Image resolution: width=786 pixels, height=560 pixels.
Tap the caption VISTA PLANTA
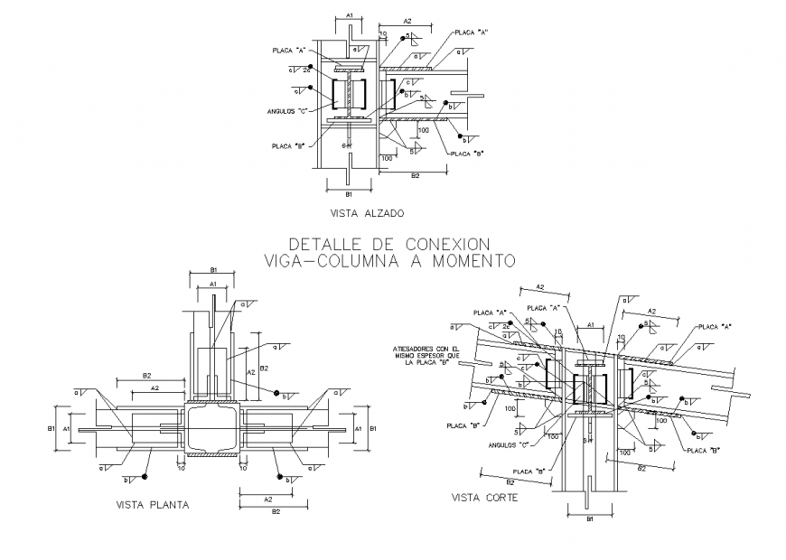(x=153, y=505)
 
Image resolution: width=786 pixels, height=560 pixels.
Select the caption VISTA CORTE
(x=485, y=497)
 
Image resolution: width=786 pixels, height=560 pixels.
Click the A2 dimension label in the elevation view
(x=407, y=20)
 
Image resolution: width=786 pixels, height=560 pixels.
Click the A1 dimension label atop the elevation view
(x=350, y=15)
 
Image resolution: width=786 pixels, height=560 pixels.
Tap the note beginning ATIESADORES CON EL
(x=426, y=355)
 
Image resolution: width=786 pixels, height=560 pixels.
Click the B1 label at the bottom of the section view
(x=588, y=520)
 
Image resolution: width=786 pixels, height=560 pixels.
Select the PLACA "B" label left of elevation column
(x=288, y=145)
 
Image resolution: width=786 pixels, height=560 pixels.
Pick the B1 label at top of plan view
(x=212, y=269)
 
